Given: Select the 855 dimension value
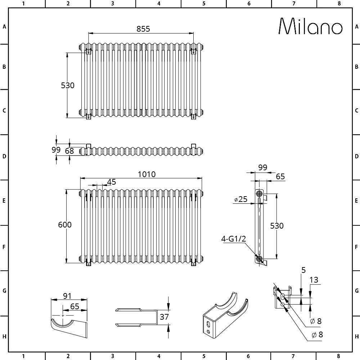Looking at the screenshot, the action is tap(143, 29).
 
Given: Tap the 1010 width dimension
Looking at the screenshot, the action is tap(147, 175).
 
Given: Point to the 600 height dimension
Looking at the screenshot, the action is tap(65, 225).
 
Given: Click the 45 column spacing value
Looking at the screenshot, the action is tap(112, 182).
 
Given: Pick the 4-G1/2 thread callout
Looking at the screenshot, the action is tap(234, 239).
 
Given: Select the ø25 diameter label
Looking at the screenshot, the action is tap(241, 199).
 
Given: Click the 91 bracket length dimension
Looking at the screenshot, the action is tap(67, 296).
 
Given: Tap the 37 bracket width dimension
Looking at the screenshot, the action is tap(164, 317).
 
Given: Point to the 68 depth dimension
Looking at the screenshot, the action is tap(69, 151).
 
